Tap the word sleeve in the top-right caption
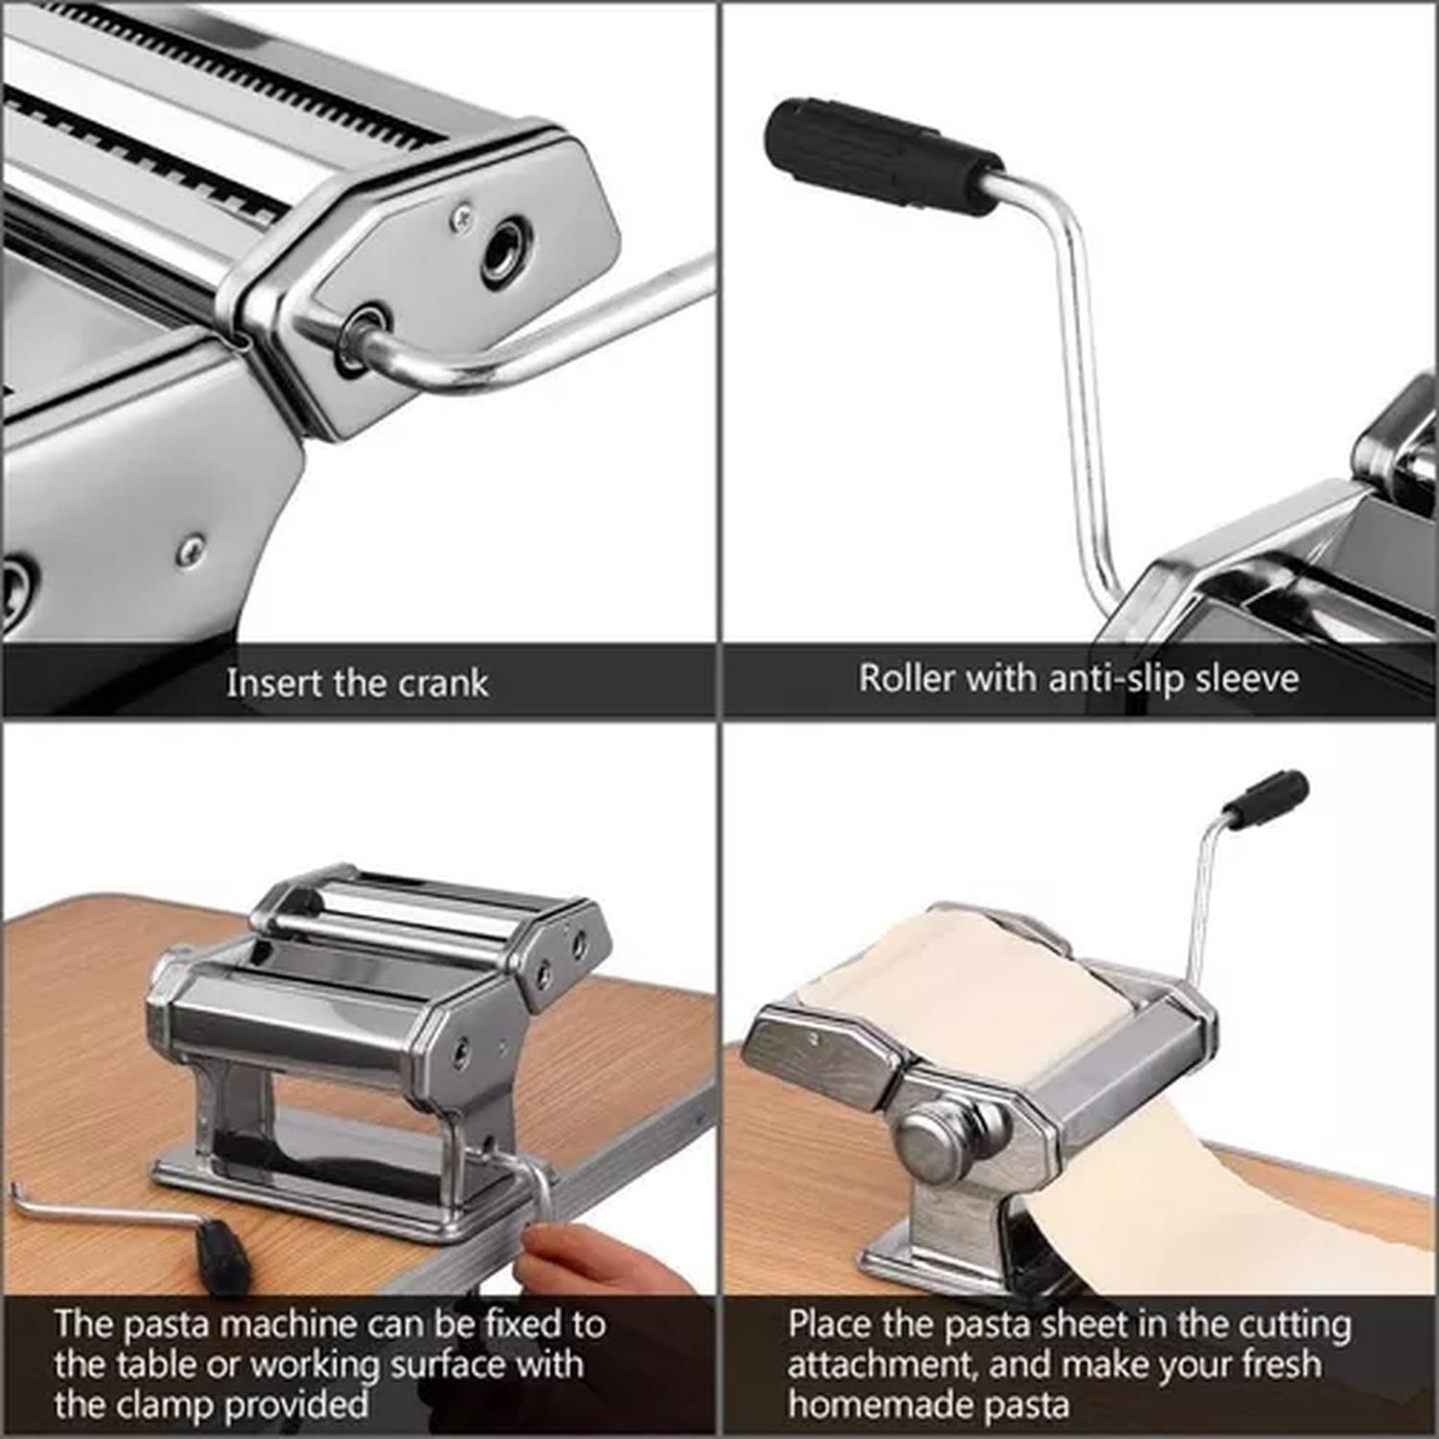[1248, 678]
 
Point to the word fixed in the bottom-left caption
[530, 1324]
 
